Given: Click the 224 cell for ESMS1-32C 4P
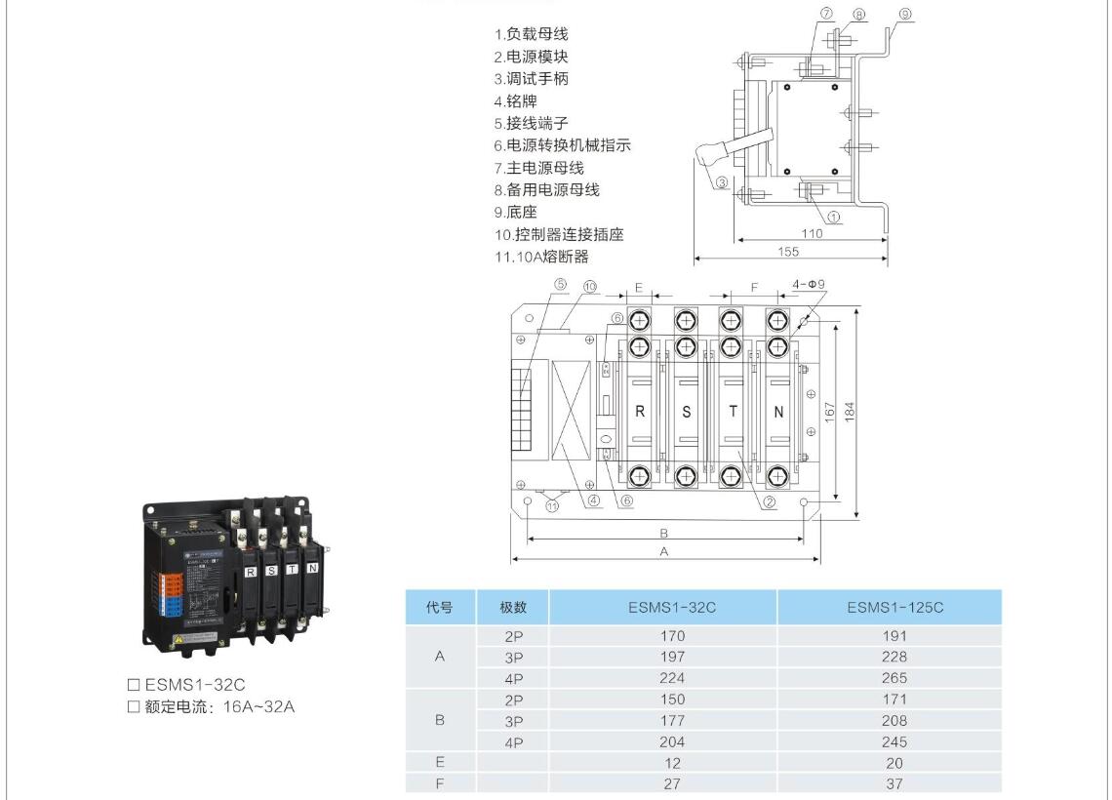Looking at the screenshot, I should point(671,678).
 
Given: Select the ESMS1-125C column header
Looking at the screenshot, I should point(894,608).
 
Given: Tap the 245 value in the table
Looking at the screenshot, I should point(894,741).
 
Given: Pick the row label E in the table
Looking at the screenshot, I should point(439,763).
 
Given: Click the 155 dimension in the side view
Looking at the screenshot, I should point(788,252).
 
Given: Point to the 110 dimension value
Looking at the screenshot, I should point(811,233).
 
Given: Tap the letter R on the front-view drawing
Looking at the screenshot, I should point(640,412).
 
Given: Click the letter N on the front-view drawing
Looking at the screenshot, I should point(778,412).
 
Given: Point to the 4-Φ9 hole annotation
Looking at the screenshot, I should point(810,285).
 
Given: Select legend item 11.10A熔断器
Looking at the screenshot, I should point(541,257).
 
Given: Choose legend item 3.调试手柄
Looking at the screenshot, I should point(531,79).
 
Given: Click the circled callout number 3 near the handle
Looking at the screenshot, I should point(722,182).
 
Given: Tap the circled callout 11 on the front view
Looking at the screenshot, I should point(554,505).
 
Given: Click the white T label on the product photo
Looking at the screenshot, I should point(292,569).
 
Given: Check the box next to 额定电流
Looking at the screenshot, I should point(135,706).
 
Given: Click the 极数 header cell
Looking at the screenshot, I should point(513,608).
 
